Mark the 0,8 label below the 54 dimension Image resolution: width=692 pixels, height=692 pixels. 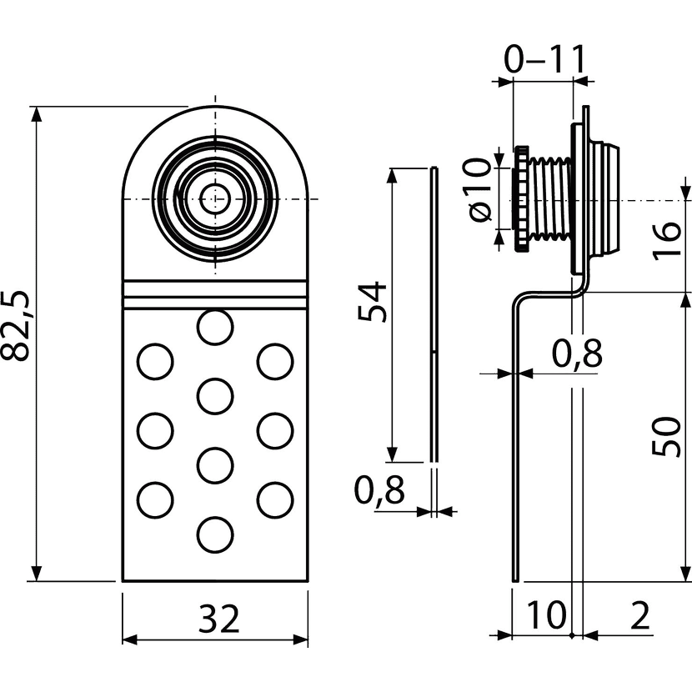380,490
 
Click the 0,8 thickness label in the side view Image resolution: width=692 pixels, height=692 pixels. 574,354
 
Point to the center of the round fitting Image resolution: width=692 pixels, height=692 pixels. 215,198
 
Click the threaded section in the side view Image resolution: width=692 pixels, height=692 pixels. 550,198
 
